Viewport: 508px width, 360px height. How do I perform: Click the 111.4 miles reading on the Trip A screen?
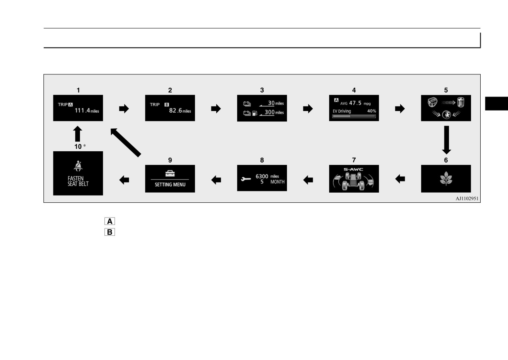click(87, 111)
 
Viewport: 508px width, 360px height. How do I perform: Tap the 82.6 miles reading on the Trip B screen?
click(180, 111)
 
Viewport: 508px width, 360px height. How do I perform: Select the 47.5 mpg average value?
click(360, 103)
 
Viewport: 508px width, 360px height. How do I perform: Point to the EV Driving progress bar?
click(354, 116)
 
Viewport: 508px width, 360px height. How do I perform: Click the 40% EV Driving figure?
click(371, 111)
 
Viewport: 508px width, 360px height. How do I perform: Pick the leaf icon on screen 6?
click(446, 178)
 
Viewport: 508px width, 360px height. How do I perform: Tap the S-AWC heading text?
click(353, 169)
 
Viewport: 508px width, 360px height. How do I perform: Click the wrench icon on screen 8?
click(246, 179)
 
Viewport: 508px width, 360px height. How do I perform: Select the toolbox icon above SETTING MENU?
click(170, 174)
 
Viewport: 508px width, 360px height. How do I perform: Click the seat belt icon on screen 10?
click(78, 166)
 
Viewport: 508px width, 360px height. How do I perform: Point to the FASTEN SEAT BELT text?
click(78, 181)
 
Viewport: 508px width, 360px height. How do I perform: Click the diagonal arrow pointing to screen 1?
click(126, 142)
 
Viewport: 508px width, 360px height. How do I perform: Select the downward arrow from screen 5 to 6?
click(447, 140)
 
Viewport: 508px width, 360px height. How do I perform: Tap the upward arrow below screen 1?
click(78, 134)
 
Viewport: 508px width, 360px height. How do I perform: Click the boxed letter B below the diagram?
click(110, 232)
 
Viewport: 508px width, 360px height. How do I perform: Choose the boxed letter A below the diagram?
click(110, 221)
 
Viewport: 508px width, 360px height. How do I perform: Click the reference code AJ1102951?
click(467, 199)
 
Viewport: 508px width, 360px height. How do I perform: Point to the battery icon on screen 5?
click(461, 102)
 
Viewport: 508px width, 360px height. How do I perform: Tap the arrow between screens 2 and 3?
click(216, 109)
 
